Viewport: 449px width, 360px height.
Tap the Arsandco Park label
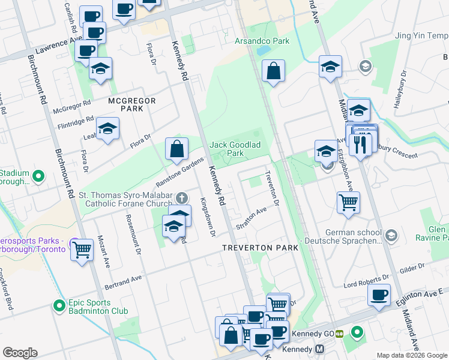click(x=262, y=41)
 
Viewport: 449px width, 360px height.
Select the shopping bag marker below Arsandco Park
click(x=273, y=71)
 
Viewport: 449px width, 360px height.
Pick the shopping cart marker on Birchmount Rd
click(x=82, y=248)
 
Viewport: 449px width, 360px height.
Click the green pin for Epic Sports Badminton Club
click(x=59, y=306)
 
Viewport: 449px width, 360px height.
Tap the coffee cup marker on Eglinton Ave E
click(x=379, y=295)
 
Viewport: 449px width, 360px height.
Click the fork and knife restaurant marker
click(x=360, y=144)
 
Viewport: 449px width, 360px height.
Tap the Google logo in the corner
click(x=20, y=353)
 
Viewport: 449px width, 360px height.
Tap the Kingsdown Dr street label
click(x=207, y=217)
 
